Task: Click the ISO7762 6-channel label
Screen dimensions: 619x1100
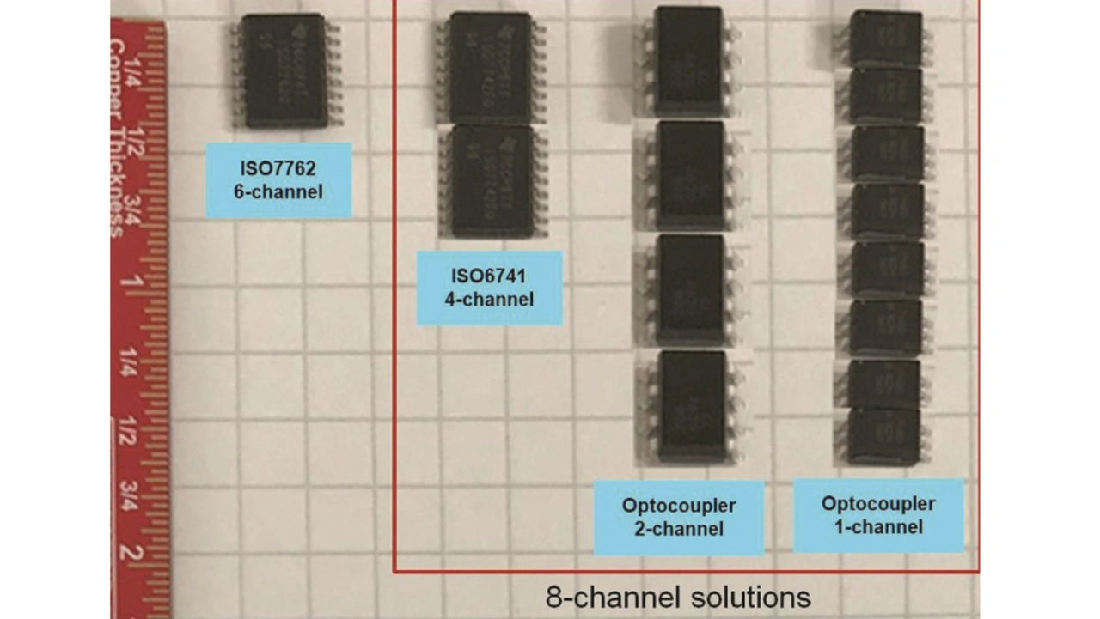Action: pos(278,179)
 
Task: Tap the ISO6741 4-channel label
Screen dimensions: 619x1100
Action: pos(489,288)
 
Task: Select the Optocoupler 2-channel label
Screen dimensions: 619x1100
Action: pos(679,517)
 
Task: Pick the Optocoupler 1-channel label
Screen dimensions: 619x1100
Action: pos(877,515)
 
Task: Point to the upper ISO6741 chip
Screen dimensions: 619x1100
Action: pos(491,68)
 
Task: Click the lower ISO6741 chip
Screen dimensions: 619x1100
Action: pos(492,181)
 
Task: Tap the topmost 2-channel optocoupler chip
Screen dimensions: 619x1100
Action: pos(687,61)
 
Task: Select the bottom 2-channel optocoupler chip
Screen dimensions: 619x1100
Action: pos(691,405)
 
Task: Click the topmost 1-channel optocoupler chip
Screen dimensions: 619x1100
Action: pos(885,38)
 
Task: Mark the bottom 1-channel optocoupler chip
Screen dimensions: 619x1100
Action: pos(883,436)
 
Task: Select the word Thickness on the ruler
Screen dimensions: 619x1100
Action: pos(117,181)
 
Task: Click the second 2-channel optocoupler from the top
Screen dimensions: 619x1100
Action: pos(689,175)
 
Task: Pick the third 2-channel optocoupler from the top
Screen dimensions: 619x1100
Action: pos(691,290)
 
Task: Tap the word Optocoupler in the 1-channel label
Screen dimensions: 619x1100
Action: pos(877,504)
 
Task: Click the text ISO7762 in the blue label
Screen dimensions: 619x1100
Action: pos(278,169)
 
